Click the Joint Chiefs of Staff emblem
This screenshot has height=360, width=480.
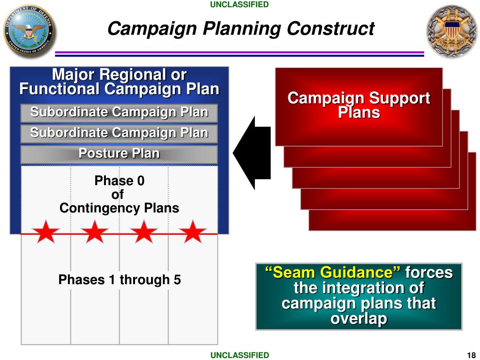coord(451,31)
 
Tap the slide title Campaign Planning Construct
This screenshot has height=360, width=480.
coord(240,29)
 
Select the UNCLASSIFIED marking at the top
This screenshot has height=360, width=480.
coord(240,5)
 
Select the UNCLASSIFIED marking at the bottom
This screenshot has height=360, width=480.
coord(240,355)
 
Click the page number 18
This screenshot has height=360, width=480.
coord(471,355)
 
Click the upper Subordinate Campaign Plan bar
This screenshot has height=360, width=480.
coord(119,112)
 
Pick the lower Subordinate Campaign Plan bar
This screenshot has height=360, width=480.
coord(119,133)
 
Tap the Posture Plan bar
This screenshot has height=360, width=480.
coord(119,154)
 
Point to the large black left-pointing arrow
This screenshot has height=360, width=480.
coord(251,153)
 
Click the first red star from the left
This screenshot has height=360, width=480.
coord(46,232)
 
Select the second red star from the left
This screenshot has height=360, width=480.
coord(95,232)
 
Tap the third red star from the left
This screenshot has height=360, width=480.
coord(144,232)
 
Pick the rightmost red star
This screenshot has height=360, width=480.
coord(192,232)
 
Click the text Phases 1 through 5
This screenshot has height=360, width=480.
coord(120,280)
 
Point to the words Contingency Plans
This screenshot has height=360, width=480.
coord(119,208)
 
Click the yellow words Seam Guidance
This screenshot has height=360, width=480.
coord(332,272)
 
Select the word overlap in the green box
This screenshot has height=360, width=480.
coord(359,319)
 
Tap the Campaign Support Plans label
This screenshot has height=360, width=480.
coord(359,105)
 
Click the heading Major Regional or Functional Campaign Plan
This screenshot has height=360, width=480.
coord(119,82)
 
